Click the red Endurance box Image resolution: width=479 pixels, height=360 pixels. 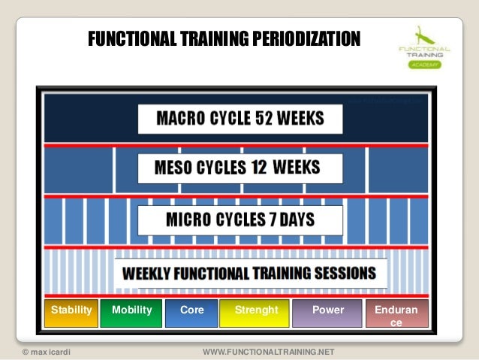(396, 314)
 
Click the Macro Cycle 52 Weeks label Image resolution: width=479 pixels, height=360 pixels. (240, 119)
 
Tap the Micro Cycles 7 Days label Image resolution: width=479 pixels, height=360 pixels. (240, 220)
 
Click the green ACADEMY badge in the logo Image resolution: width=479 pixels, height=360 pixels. (425, 65)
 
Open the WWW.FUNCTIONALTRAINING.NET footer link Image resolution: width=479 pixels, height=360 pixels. (269, 352)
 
